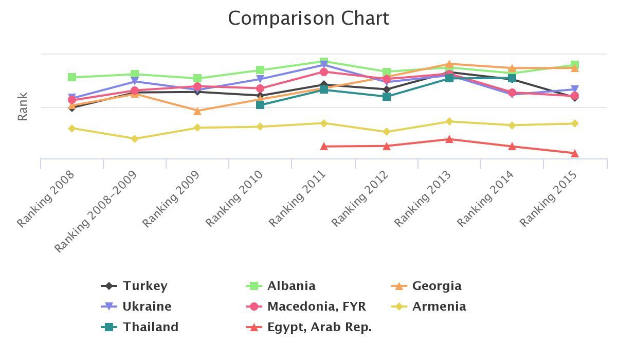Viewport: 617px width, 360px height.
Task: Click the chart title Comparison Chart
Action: (308, 19)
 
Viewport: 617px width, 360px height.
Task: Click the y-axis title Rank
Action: (22, 106)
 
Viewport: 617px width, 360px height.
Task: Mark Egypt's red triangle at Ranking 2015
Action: (574, 153)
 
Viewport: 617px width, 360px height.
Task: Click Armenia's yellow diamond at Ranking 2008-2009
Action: (135, 139)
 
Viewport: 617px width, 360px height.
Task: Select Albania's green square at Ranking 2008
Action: (72, 77)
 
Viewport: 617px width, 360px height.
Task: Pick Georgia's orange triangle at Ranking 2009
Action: (197, 111)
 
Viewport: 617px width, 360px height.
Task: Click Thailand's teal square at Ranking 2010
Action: (260, 105)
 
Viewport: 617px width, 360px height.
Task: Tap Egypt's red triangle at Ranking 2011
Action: (324, 147)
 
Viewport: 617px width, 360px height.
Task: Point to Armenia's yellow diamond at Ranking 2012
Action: (387, 132)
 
